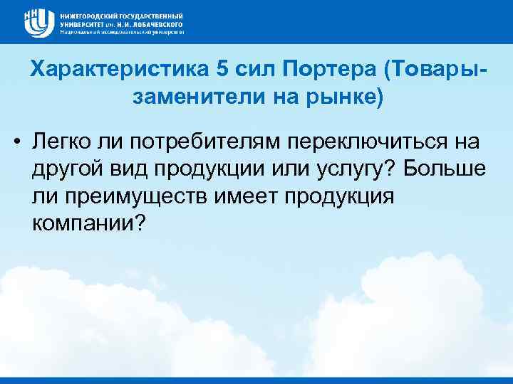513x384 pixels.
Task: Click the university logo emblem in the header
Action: click(38, 22)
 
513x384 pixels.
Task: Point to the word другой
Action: click(61, 169)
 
